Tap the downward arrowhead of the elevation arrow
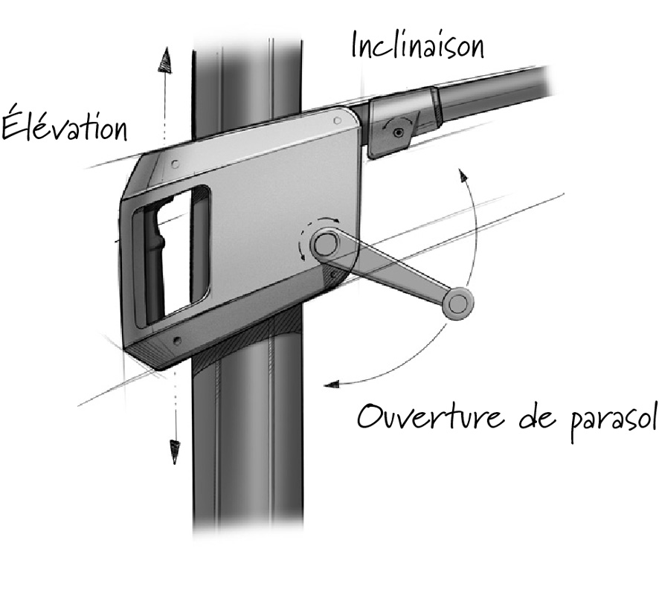pos(176,451)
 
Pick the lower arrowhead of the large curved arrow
pos(330,384)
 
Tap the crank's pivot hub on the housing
pos(324,243)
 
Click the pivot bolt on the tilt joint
pos(399,132)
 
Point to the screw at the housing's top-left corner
pos(173,163)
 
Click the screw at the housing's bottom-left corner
pos(176,341)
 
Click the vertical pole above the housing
pos(245,82)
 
